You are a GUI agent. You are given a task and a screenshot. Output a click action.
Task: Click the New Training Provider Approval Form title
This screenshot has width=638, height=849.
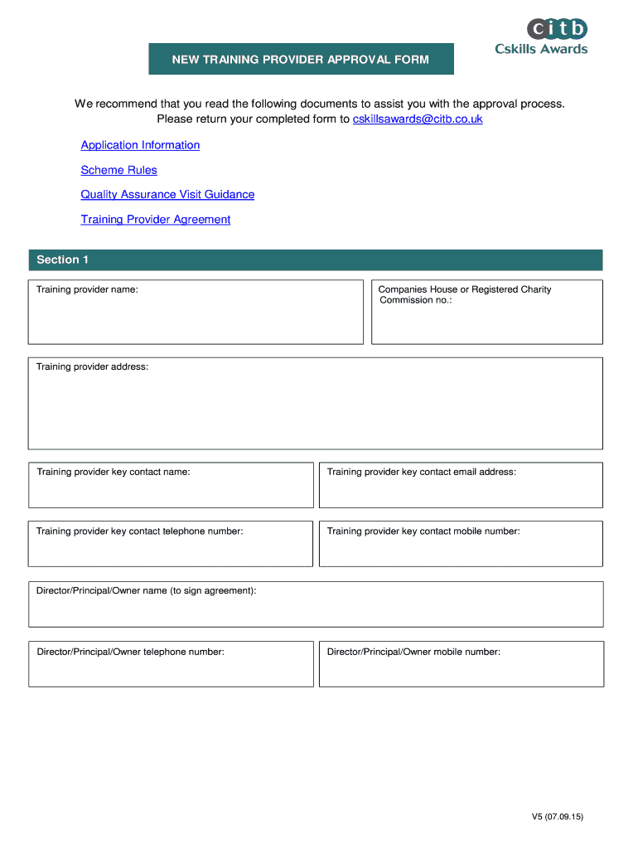pos(301,60)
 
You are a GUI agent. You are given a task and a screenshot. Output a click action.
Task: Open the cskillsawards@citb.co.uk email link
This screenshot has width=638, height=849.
pos(418,119)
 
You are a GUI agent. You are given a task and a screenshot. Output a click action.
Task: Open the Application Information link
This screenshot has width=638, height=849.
pos(140,145)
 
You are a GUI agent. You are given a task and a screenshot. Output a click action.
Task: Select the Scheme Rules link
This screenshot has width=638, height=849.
pos(118,170)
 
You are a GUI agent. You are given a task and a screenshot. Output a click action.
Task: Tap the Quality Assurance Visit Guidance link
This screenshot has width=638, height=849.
pos(167,195)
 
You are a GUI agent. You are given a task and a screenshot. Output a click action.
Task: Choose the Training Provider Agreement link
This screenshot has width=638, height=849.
pos(155,220)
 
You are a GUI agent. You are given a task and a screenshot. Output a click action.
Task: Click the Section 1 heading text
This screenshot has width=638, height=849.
pos(62,260)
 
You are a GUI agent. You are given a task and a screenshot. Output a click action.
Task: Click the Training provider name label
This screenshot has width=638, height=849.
pos(87,290)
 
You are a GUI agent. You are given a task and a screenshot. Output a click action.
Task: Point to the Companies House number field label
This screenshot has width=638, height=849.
pos(464,294)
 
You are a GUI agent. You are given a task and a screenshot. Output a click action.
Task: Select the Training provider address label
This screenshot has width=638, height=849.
pos(92,366)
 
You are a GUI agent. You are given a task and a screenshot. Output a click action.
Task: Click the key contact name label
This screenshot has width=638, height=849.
pos(113,472)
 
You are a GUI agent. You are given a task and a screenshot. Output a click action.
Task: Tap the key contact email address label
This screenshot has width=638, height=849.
pos(421,472)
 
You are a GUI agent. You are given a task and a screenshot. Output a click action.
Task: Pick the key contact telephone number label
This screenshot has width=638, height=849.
pos(139,531)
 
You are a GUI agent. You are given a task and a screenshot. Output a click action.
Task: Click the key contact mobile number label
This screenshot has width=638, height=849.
pos(423,531)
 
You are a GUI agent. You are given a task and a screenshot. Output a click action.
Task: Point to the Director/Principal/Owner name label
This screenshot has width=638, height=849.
pos(146,591)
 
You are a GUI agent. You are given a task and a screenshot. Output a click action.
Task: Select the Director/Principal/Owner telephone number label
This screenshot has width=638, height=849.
pos(130,653)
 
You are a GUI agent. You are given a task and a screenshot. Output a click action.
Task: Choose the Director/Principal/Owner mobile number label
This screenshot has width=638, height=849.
pos(413,653)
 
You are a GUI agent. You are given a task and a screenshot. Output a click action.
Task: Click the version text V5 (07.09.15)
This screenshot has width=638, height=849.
pos(558,817)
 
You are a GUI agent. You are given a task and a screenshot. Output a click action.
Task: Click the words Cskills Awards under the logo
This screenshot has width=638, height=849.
pos(541,49)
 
